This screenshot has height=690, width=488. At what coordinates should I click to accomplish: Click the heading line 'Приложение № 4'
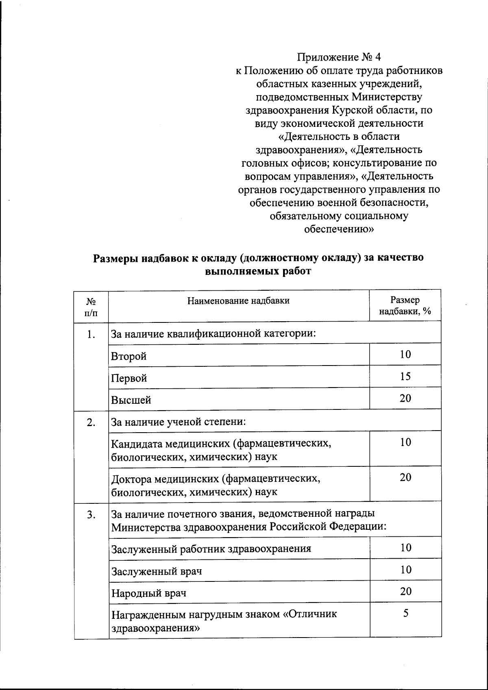[339, 57]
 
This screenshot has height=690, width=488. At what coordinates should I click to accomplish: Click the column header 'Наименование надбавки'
[238, 301]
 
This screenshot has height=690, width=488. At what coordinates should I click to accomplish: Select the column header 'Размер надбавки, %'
[405, 306]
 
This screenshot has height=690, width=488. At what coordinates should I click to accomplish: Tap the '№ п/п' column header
[91, 307]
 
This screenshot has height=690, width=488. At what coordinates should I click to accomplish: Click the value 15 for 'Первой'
[405, 376]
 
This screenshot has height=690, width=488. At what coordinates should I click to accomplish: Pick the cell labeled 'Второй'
[129, 357]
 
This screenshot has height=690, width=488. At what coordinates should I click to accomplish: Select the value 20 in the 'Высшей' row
[405, 398]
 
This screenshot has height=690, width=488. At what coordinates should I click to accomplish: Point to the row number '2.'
[91, 422]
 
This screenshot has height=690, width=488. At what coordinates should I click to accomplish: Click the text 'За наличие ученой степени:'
[179, 422]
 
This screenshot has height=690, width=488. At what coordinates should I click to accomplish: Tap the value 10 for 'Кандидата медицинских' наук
[405, 442]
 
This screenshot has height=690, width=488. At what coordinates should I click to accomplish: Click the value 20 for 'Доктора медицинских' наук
[405, 477]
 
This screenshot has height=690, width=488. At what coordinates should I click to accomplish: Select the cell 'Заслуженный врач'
[157, 571]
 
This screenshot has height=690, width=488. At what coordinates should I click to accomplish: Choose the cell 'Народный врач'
[149, 593]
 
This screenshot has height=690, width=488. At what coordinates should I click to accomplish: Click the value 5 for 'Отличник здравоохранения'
[405, 613]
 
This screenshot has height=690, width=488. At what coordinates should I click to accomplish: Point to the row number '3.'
[91, 515]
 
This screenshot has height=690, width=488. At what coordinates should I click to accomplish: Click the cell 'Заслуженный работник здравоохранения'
[211, 549]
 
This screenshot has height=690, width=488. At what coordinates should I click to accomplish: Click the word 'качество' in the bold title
[401, 258]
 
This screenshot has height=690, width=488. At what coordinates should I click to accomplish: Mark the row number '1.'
[91, 335]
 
